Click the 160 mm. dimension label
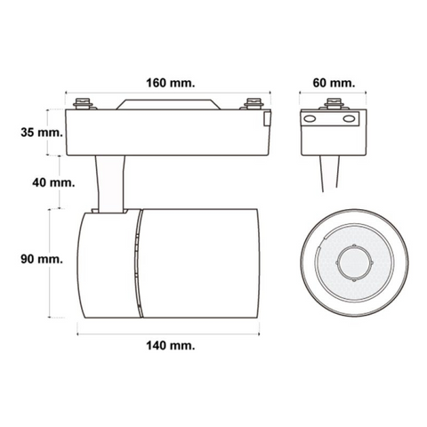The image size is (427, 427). [x=171, y=83]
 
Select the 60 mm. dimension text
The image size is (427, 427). [x=334, y=83]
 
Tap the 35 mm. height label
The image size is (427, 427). [x=42, y=133]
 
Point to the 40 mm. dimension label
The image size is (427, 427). [x=53, y=182]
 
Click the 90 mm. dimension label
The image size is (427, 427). [x=42, y=259]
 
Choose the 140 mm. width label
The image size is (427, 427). [x=171, y=345]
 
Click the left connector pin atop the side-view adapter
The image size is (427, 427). [x=83, y=103]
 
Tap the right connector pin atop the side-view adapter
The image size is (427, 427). [x=254, y=103]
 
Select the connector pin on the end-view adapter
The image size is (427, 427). [x=334, y=103]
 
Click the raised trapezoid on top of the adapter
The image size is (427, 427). [x=168, y=104]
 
